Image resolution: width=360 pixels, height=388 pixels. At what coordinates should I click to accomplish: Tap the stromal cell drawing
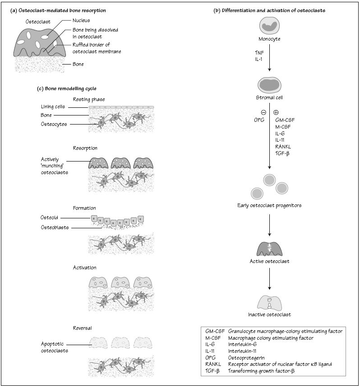coord(269,84)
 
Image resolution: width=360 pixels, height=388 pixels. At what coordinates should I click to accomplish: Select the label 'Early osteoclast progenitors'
coord(269,206)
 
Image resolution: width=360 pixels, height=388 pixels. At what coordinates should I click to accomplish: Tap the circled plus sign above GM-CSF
coord(276,112)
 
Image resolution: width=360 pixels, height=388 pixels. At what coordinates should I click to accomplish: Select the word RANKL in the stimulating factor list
coord(283,147)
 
